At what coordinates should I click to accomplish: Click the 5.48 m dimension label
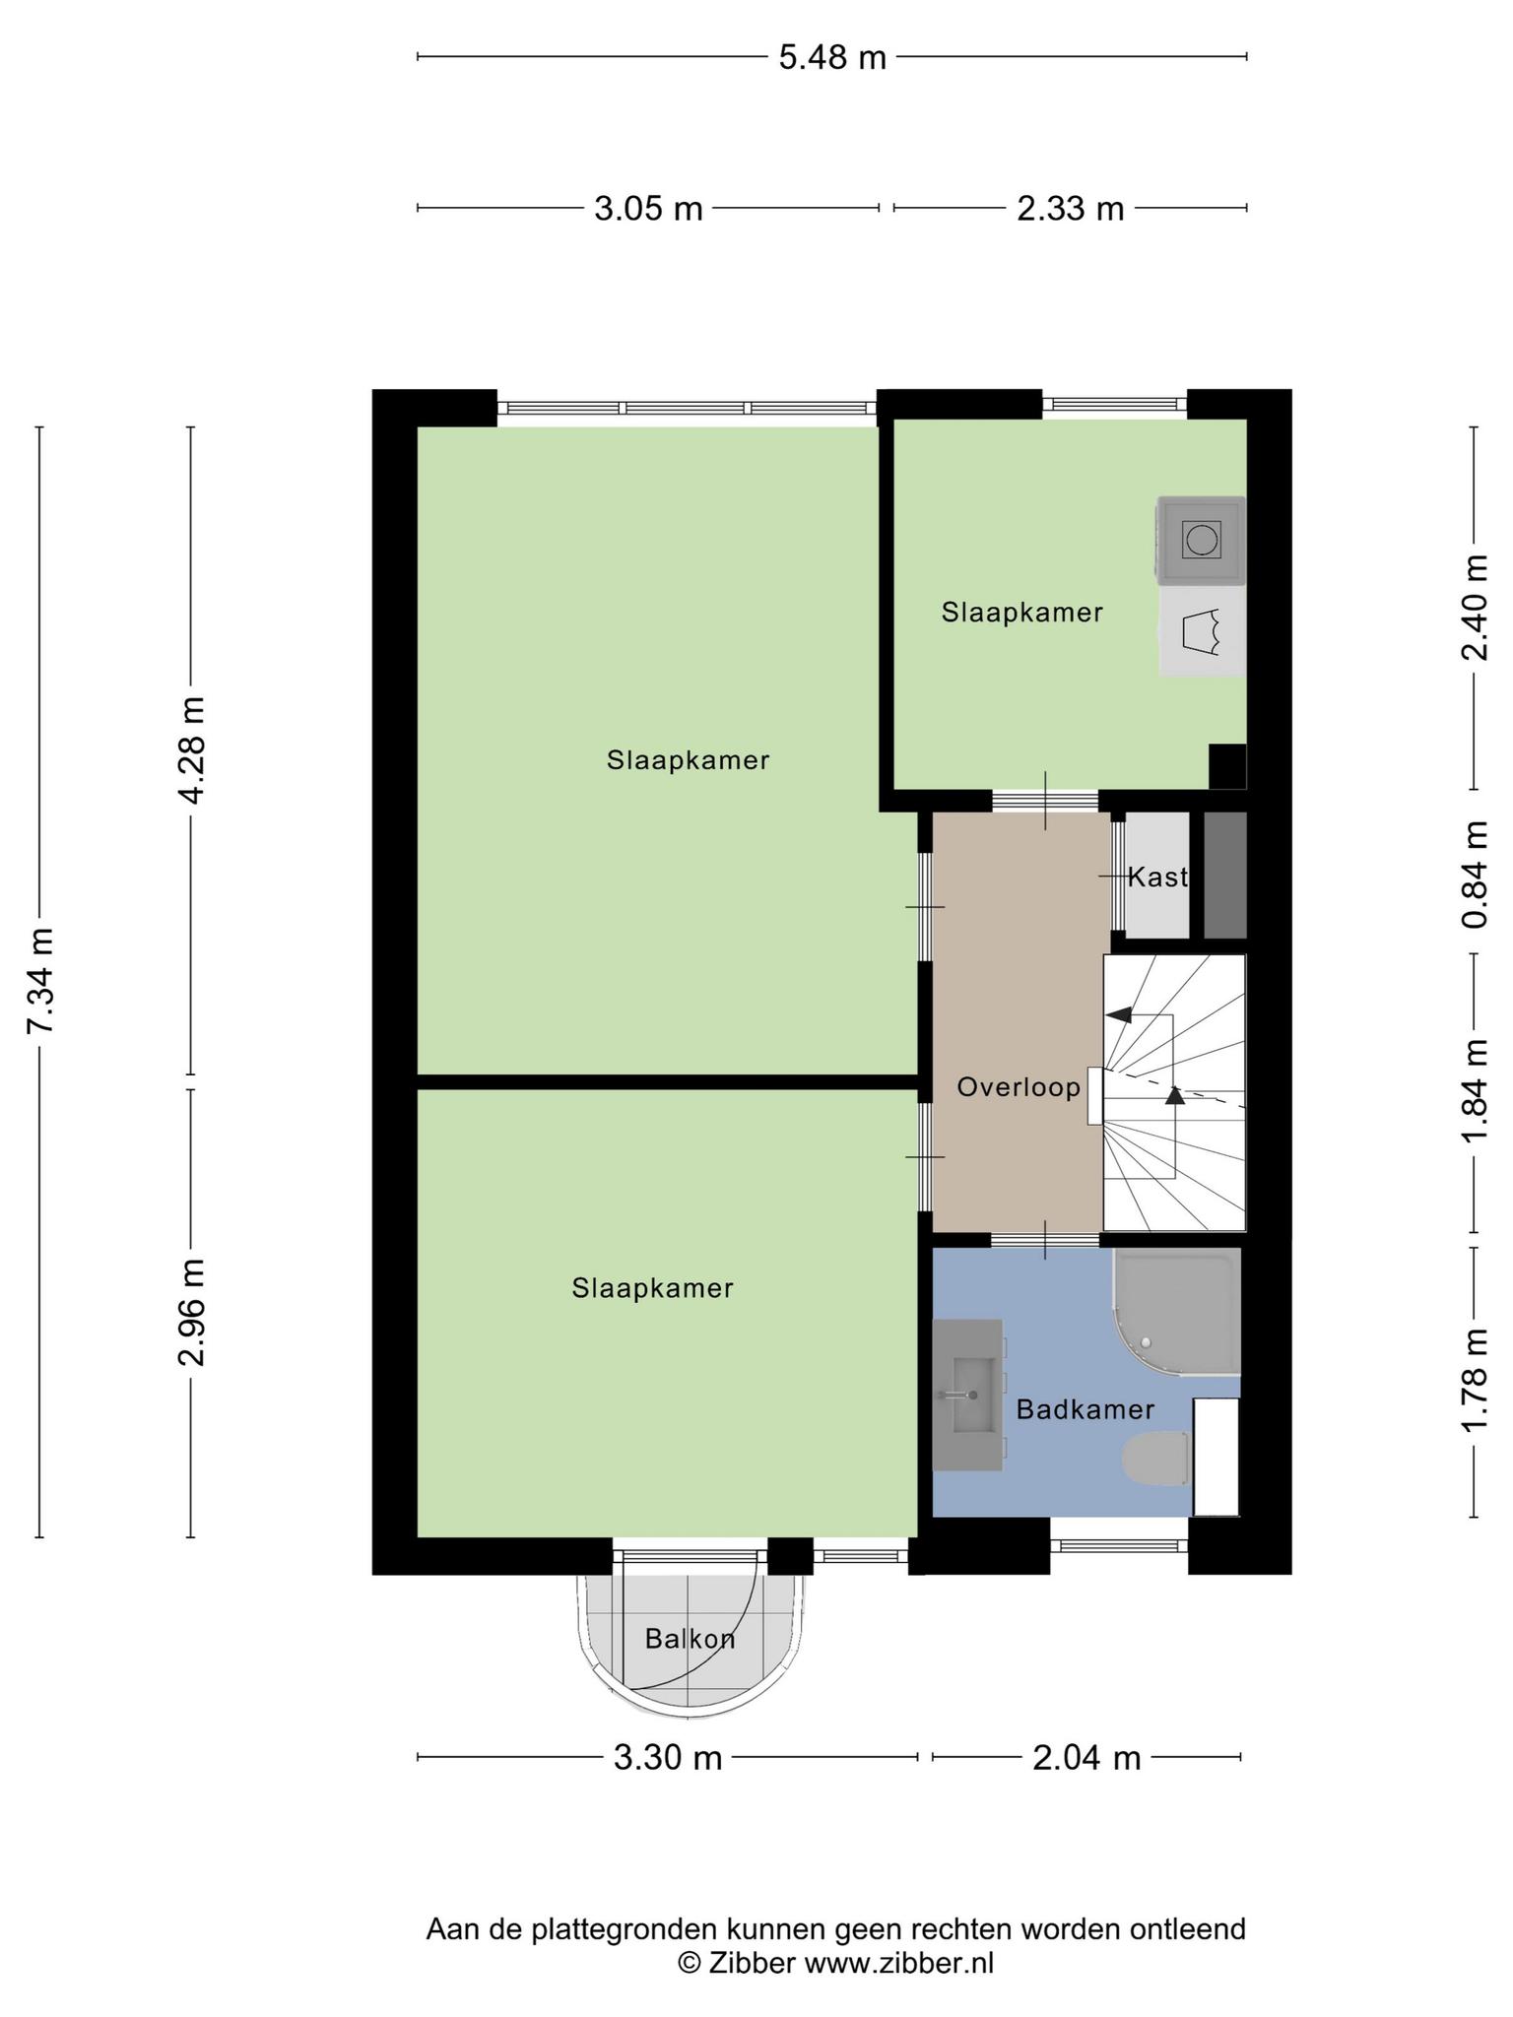click(x=832, y=57)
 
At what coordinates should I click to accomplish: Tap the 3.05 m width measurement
click(x=648, y=209)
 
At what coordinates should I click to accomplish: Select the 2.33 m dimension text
click(x=1071, y=209)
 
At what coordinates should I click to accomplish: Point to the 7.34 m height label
click(x=40, y=981)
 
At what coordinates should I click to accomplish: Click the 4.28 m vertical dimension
click(x=192, y=750)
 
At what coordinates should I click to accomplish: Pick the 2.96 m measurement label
click(x=192, y=1313)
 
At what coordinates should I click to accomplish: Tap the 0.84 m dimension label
click(x=1475, y=875)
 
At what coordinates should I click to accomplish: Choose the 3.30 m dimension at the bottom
click(x=668, y=1757)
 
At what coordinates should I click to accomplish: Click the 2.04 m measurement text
click(x=1086, y=1757)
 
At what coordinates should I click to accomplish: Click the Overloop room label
click(x=1019, y=1087)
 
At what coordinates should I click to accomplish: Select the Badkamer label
click(x=1085, y=1409)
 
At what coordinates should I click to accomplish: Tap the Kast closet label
click(x=1157, y=877)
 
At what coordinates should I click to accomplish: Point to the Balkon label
click(x=690, y=1639)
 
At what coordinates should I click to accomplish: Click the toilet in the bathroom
click(x=1156, y=1459)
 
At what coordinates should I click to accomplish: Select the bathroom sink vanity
click(x=967, y=1395)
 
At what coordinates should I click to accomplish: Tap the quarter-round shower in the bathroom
click(x=1176, y=1312)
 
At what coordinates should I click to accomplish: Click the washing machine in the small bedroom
click(x=1202, y=540)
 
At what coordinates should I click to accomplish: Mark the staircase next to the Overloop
click(x=1174, y=1092)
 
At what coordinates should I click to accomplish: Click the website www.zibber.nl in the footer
click(x=899, y=1963)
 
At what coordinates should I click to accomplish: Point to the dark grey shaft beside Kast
click(x=1225, y=875)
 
